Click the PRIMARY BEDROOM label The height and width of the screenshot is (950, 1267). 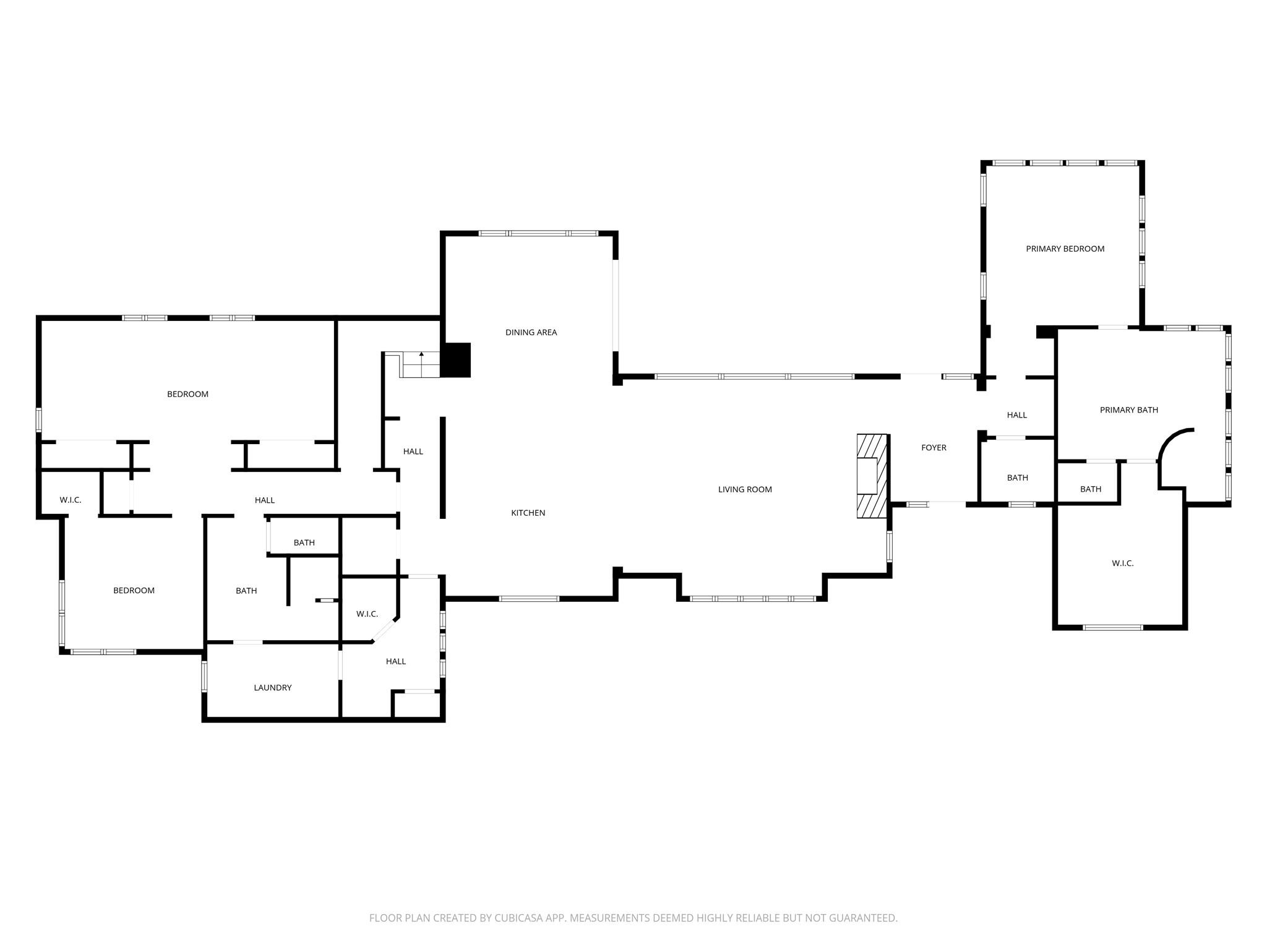[1065, 249]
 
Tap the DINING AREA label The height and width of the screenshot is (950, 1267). [531, 332]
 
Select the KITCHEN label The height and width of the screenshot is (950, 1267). [528, 513]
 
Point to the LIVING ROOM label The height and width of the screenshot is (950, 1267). [745, 489]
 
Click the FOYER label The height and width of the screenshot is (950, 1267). [934, 447]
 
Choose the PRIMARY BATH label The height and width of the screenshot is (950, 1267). [1128, 409]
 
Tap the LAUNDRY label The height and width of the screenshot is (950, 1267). [272, 687]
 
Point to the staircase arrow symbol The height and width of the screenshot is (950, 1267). [421, 355]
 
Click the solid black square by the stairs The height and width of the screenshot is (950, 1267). [456, 360]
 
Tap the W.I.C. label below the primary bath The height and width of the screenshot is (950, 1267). [1122, 563]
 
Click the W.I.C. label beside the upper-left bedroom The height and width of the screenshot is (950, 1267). [70, 500]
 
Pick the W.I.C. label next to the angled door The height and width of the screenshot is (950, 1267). [367, 614]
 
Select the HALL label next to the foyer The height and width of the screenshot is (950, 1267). [1016, 415]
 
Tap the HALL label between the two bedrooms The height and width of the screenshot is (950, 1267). [264, 500]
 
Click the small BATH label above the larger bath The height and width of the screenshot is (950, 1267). [304, 542]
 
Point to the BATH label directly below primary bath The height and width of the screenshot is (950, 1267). [1090, 489]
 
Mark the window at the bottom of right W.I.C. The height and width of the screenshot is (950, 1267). [1112, 627]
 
